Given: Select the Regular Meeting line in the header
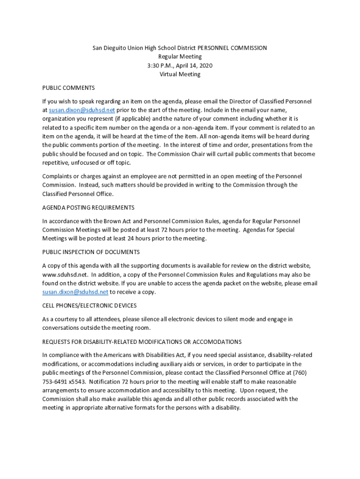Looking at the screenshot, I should tap(180, 57).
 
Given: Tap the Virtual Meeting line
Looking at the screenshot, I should tap(180, 74).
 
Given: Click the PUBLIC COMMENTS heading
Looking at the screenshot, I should tap(68, 88).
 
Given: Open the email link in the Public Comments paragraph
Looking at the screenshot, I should tap(82, 110).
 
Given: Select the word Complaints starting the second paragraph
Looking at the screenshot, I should tap(58, 176).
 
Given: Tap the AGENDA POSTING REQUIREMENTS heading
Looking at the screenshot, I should tap(88, 207).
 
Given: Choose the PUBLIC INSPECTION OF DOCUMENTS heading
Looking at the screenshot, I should tap(91, 252).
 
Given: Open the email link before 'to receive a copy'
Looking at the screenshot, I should tap(75, 292).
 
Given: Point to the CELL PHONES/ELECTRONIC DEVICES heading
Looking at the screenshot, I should tap(89, 305).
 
